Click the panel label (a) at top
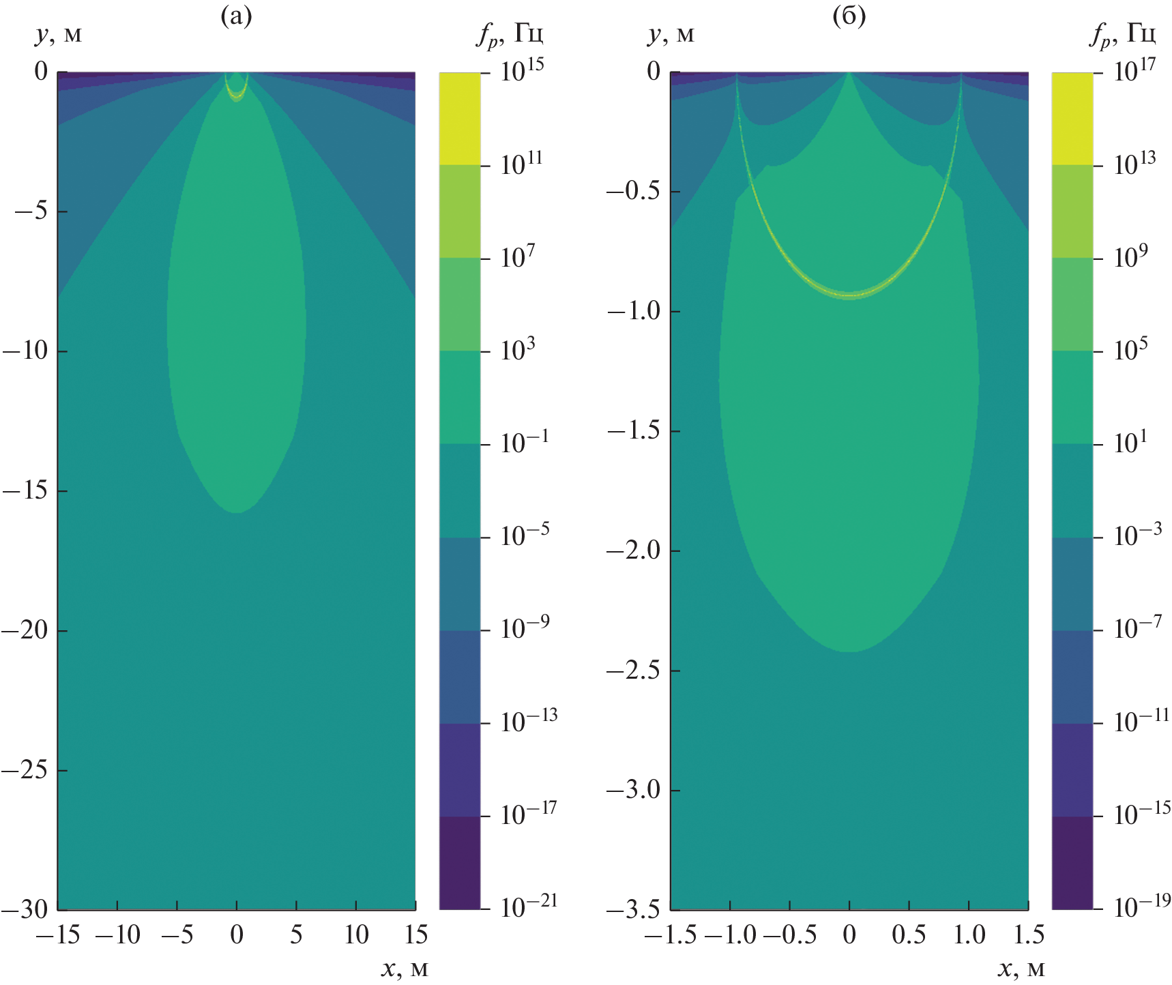[236, 16]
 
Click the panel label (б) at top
[849, 16]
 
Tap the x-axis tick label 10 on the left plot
[356, 935]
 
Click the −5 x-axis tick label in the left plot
[177, 935]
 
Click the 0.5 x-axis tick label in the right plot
[909, 935]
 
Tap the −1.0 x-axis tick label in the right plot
[730, 935]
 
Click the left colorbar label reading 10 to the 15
[522, 70]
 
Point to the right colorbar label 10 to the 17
[1134, 70]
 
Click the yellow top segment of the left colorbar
[459, 118]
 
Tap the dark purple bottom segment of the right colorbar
[1072, 862]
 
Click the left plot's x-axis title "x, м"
[404, 969]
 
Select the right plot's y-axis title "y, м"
[671, 33]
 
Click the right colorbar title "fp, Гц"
[1122, 33]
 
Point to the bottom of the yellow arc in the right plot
[849, 295]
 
